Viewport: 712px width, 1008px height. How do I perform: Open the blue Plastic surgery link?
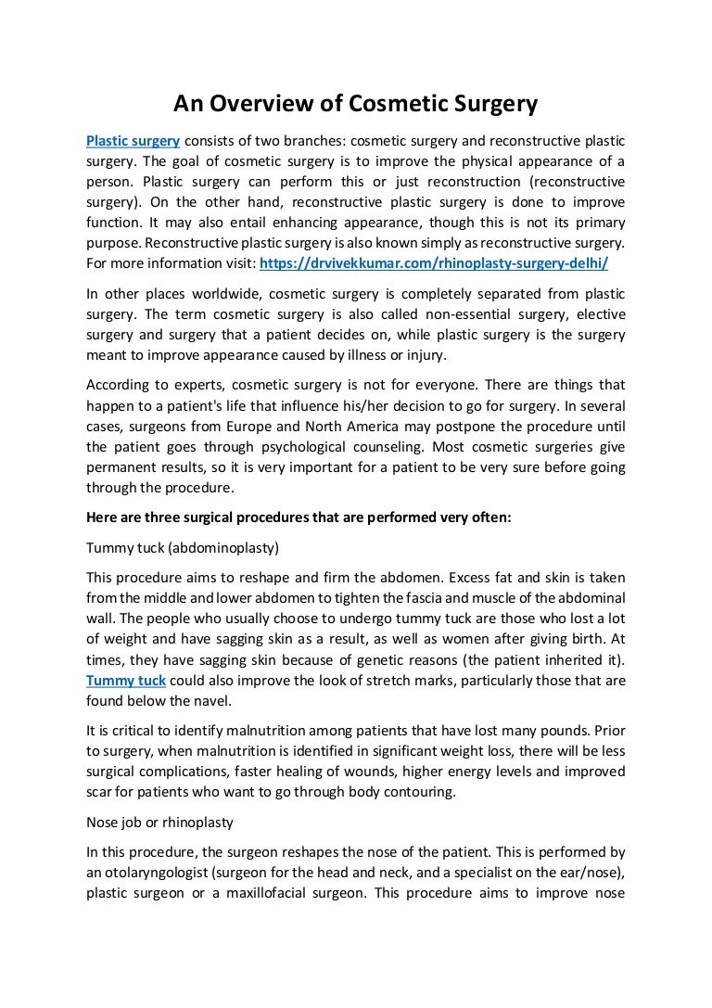(133, 141)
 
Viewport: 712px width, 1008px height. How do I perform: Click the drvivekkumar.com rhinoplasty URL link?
(434, 263)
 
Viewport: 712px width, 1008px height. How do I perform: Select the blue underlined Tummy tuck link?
(126, 681)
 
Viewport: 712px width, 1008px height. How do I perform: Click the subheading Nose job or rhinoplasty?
(159, 822)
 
